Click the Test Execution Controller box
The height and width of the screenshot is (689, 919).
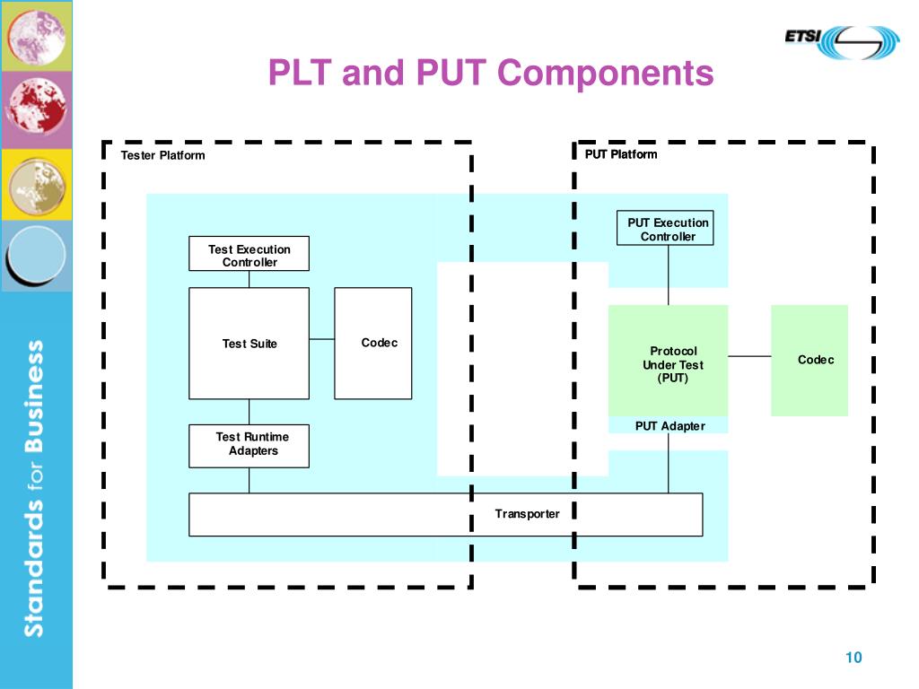coord(249,254)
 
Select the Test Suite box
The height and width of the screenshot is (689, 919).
coord(249,344)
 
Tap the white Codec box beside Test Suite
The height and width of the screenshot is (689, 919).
coord(372,344)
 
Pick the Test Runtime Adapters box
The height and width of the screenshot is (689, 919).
coord(249,446)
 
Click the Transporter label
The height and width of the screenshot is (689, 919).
coord(527,514)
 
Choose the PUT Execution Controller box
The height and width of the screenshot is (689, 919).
coord(665,228)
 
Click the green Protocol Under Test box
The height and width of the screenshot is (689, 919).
coord(668,361)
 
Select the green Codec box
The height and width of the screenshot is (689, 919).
coord(810,361)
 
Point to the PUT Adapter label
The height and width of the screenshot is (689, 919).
coord(670,426)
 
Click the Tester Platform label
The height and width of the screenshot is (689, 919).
coord(163,155)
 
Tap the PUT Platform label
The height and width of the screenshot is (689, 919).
coord(621,154)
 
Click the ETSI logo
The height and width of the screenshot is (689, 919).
coord(842,42)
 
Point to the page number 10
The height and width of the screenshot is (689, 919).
coord(853,658)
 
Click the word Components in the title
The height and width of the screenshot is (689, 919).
coord(606,73)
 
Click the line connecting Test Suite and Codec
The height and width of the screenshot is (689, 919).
coord(322,338)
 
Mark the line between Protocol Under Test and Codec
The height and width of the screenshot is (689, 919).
coord(749,355)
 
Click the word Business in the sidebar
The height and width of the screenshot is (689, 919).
coord(35,396)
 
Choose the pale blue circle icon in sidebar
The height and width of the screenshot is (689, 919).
coord(36,256)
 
